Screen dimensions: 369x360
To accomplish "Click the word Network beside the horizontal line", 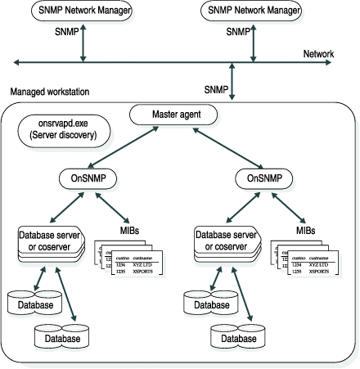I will pos(318,54).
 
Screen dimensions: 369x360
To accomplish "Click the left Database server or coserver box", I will pos(50,242).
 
